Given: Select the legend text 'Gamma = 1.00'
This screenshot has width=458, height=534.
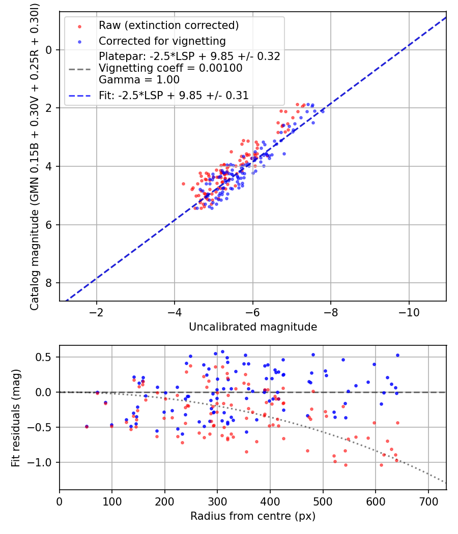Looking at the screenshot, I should click(x=139, y=80).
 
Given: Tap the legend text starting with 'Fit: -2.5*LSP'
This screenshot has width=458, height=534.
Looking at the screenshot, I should click(x=174, y=95).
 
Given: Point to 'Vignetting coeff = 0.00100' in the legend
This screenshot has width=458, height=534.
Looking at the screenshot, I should click(x=170, y=68).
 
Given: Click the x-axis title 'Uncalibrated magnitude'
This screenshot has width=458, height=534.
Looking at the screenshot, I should click(x=253, y=327).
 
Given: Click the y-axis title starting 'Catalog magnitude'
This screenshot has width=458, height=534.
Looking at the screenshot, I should click(x=35, y=155).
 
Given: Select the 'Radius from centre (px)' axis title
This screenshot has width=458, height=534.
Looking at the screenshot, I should click(x=253, y=516).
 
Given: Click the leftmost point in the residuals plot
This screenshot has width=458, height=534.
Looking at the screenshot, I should click(x=87, y=426).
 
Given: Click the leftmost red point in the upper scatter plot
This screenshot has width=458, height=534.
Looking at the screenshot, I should click(x=184, y=184).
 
